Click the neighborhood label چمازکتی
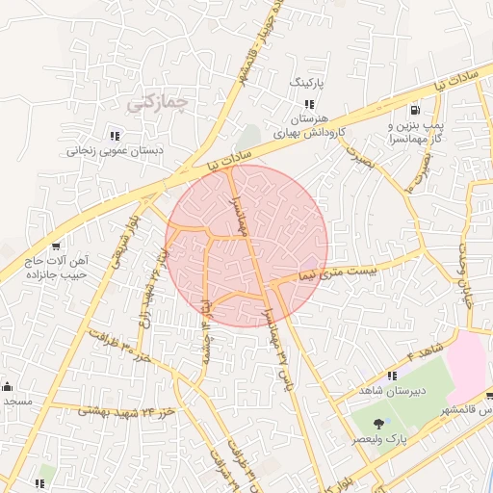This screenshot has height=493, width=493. pyautogui.click(x=158, y=99)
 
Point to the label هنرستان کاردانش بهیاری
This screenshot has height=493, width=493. pyautogui.click(x=310, y=126)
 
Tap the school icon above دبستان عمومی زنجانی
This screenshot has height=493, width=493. pyautogui.click(x=116, y=136)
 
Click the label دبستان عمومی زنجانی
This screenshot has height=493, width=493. pyautogui.click(x=115, y=151)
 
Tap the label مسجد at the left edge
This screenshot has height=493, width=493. pyautogui.click(x=16, y=401)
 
